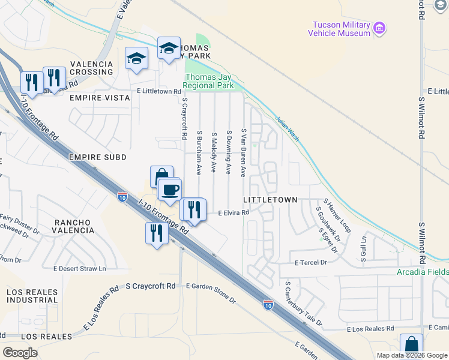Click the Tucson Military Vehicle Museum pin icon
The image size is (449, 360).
379,28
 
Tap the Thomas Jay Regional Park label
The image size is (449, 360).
209,81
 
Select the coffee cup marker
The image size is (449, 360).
170,189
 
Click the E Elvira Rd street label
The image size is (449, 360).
233,212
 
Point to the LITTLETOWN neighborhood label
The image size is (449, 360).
270,199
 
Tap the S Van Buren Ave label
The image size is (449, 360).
243,152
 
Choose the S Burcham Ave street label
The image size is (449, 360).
199,152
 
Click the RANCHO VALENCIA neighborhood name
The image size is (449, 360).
74,226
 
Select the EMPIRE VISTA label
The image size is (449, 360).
100,97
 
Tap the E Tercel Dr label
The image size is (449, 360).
310,263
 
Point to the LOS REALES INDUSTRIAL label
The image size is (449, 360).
32,295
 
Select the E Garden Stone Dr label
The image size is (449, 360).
211,293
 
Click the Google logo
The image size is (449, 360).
20,352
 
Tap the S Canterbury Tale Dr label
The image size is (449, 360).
304,305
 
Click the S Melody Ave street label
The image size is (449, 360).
213,152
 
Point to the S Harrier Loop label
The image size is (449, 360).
337,217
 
